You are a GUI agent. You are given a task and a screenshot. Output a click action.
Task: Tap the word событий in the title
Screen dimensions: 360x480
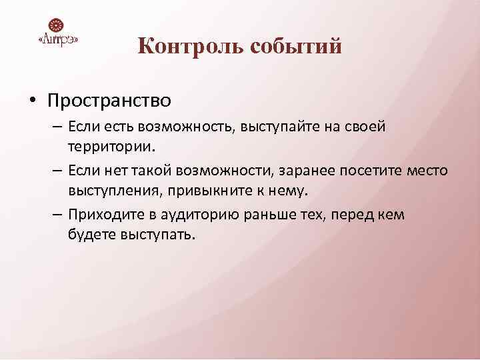pyautogui.click(x=297, y=47)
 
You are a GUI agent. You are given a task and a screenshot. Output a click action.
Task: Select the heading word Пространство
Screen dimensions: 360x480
pyautogui.click(x=109, y=101)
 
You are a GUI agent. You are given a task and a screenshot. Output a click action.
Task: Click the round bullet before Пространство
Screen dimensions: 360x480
pyautogui.click(x=31, y=101)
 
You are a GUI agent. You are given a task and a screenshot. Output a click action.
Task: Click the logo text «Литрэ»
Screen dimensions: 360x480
pyautogui.click(x=59, y=40)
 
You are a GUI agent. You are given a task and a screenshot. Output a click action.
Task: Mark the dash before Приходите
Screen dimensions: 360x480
pyautogui.click(x=53, y=215)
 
